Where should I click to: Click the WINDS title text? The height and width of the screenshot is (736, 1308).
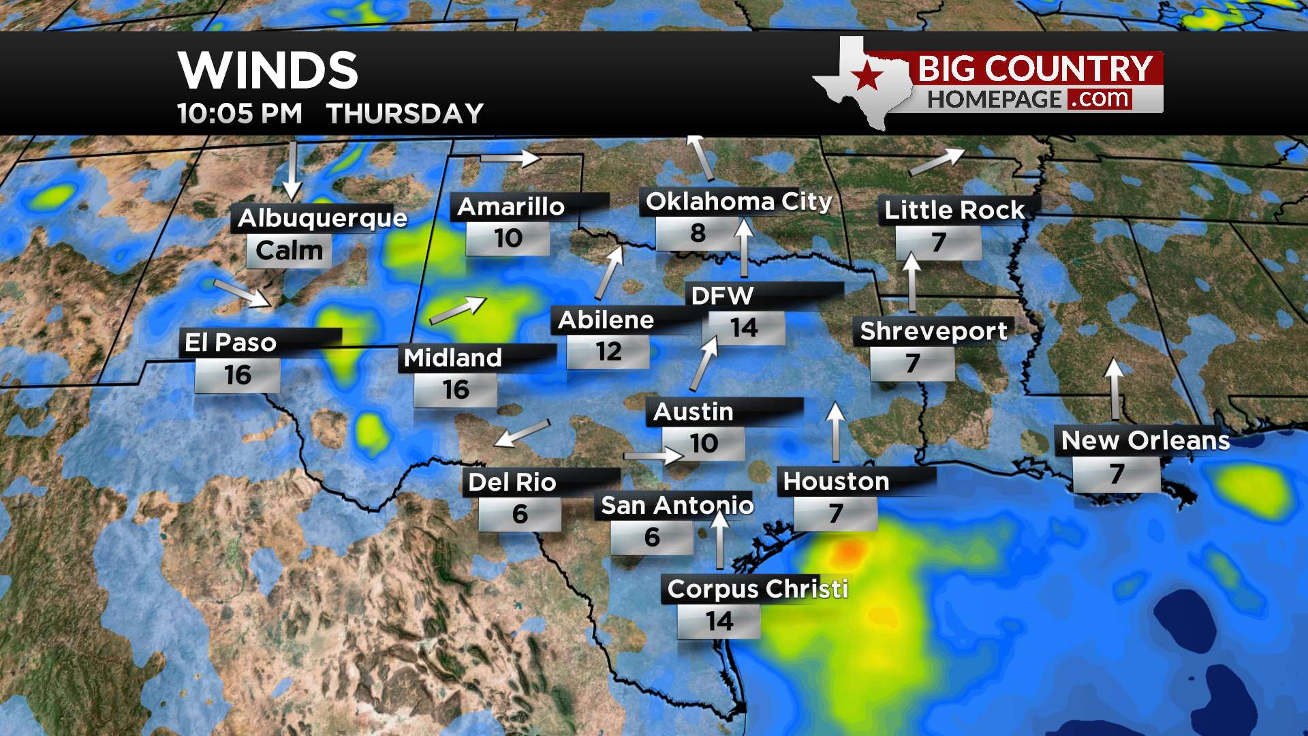pos(268,70)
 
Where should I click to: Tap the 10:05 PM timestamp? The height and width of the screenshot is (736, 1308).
pos(239,114)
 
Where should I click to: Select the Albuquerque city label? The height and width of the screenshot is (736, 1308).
pos(322,218)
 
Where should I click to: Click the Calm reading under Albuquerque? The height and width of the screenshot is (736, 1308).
pos(289,250)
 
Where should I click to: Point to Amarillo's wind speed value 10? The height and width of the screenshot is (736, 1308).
pos(508,239)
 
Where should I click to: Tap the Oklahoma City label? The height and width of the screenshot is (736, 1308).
pos(738,202)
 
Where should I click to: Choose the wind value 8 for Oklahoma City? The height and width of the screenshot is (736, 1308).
pos(698,233)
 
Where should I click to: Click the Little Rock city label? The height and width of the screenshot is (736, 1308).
pos(954,210)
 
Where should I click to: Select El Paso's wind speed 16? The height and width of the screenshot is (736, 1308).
pos(238,375)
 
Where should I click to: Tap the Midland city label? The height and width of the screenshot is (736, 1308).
pos(452,358)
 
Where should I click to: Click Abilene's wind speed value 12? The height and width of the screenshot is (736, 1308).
pos(608,352)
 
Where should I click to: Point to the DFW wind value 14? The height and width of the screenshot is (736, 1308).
pos(743,328)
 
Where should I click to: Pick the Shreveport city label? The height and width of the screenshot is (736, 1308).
pos(933,331)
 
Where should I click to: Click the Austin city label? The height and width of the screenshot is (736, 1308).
pos(693,412)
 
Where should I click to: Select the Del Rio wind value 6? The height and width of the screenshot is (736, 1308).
pos(520,514)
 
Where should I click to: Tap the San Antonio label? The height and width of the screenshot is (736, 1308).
pos(676,506)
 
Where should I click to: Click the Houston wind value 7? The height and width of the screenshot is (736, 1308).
pos(836,513)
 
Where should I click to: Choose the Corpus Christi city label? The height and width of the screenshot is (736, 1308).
pos(758,589)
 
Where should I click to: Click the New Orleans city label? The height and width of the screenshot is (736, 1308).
pos(1145,440)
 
